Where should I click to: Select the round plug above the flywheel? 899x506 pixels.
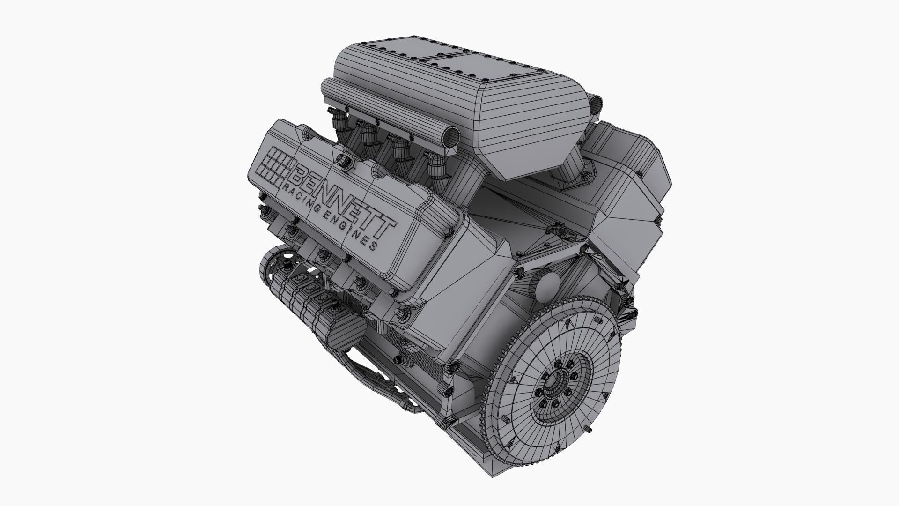pos(545,286)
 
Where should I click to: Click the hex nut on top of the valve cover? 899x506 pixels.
pos(346,161)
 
